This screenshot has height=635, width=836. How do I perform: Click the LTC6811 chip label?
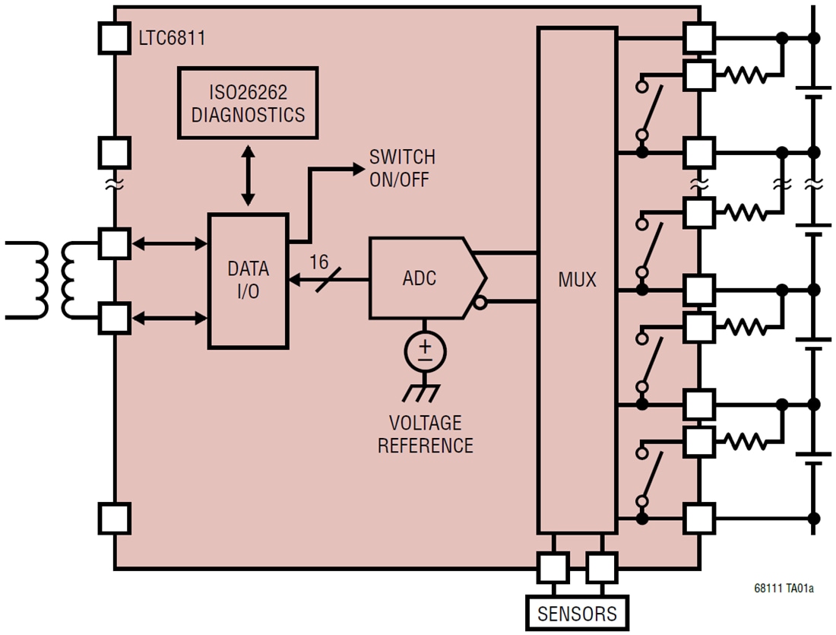point(171,37)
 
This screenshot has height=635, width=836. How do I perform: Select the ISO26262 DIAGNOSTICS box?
point(248,103)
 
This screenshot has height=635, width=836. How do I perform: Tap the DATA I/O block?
point(249,281)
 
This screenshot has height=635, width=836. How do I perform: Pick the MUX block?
point(576,280)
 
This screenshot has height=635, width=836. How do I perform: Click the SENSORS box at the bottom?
point(577,613)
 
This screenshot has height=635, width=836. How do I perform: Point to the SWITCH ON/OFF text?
point(402,167)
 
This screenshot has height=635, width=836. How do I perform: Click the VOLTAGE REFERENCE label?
point(425,434)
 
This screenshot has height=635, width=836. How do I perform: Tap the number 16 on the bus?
point(319,262)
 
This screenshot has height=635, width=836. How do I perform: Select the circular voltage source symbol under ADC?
point(426,351)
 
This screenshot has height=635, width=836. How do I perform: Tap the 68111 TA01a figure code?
point(784,588)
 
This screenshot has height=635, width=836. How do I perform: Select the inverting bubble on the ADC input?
point(480,303)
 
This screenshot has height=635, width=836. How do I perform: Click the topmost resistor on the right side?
point(746,75)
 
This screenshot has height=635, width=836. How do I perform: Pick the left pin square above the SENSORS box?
point(553,567)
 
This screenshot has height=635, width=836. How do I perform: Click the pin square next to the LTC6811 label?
point(115,37)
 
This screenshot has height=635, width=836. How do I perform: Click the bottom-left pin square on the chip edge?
point(115,518)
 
